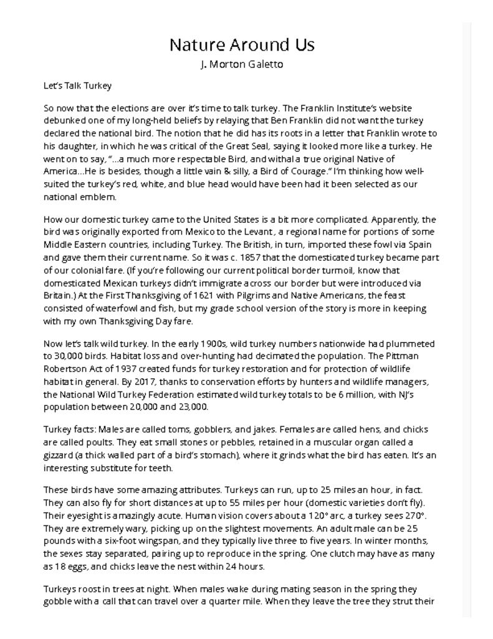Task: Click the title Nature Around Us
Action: (242, 44)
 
